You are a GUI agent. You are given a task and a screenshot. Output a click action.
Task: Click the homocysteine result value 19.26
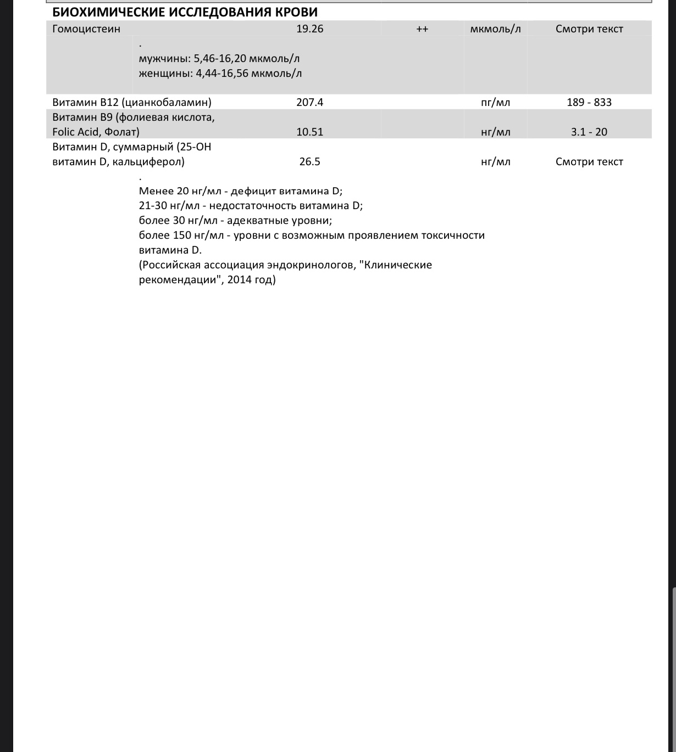pyautogui.click(x=309, y=29)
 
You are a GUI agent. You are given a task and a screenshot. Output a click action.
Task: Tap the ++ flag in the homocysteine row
pyautogui.click(x=422, y=29)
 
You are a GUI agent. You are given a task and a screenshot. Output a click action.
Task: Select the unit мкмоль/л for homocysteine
pyautogui.click(x=495, y=29)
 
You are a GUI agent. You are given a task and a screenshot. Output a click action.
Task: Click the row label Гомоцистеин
pyautogui.click(x=86, y=29)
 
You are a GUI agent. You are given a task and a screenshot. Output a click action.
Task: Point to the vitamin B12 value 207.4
pyautogui.click(x=309, y=102)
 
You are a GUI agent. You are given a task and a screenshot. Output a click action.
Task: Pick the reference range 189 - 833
pyautogui.click(x=589, y=102)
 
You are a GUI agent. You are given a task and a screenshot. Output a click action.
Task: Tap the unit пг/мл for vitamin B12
pyautogui.click(x=495, y=102)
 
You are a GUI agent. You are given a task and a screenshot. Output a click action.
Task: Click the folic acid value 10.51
pyautogui.click(x=309, y=132)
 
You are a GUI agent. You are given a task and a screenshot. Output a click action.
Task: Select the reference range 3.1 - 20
pyautogui.click(x=589, y=132)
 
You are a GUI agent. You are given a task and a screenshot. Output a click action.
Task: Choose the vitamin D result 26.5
pyautogui.click(x=309, y=161)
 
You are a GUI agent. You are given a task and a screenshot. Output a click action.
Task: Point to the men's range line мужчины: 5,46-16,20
pyautogui.click(x=219, y=59)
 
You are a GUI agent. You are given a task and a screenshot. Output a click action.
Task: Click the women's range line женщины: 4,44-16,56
pyautogui.click(x=220, y=73)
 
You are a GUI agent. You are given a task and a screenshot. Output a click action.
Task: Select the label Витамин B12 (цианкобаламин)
pyautogui.click(x=132, y=102)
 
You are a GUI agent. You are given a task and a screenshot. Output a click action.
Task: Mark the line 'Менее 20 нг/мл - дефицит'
pyautogui.click(x=240, y=191)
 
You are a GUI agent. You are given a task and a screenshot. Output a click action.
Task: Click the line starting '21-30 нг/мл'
pyautogui.click(x=251, y=206)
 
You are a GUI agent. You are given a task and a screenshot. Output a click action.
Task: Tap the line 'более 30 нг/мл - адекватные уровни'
pyautogui.click(x=235, y=221)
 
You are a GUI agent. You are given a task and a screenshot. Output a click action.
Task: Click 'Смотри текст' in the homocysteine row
pyautogui.click(x=589, y=29)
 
